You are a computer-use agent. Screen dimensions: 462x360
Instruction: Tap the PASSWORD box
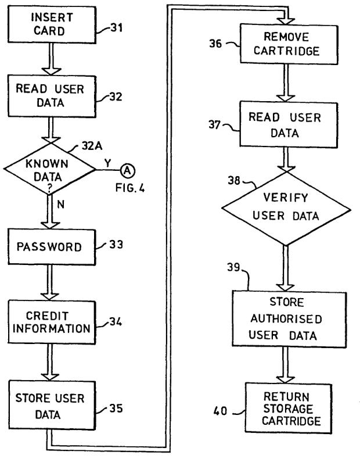[x=50, y=247]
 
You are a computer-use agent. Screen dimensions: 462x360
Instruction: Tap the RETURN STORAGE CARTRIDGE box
[x=285, y=399]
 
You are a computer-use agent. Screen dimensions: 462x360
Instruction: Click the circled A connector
[x=127, y=170]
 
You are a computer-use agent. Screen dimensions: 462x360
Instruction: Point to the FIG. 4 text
[x=128, y=188]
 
